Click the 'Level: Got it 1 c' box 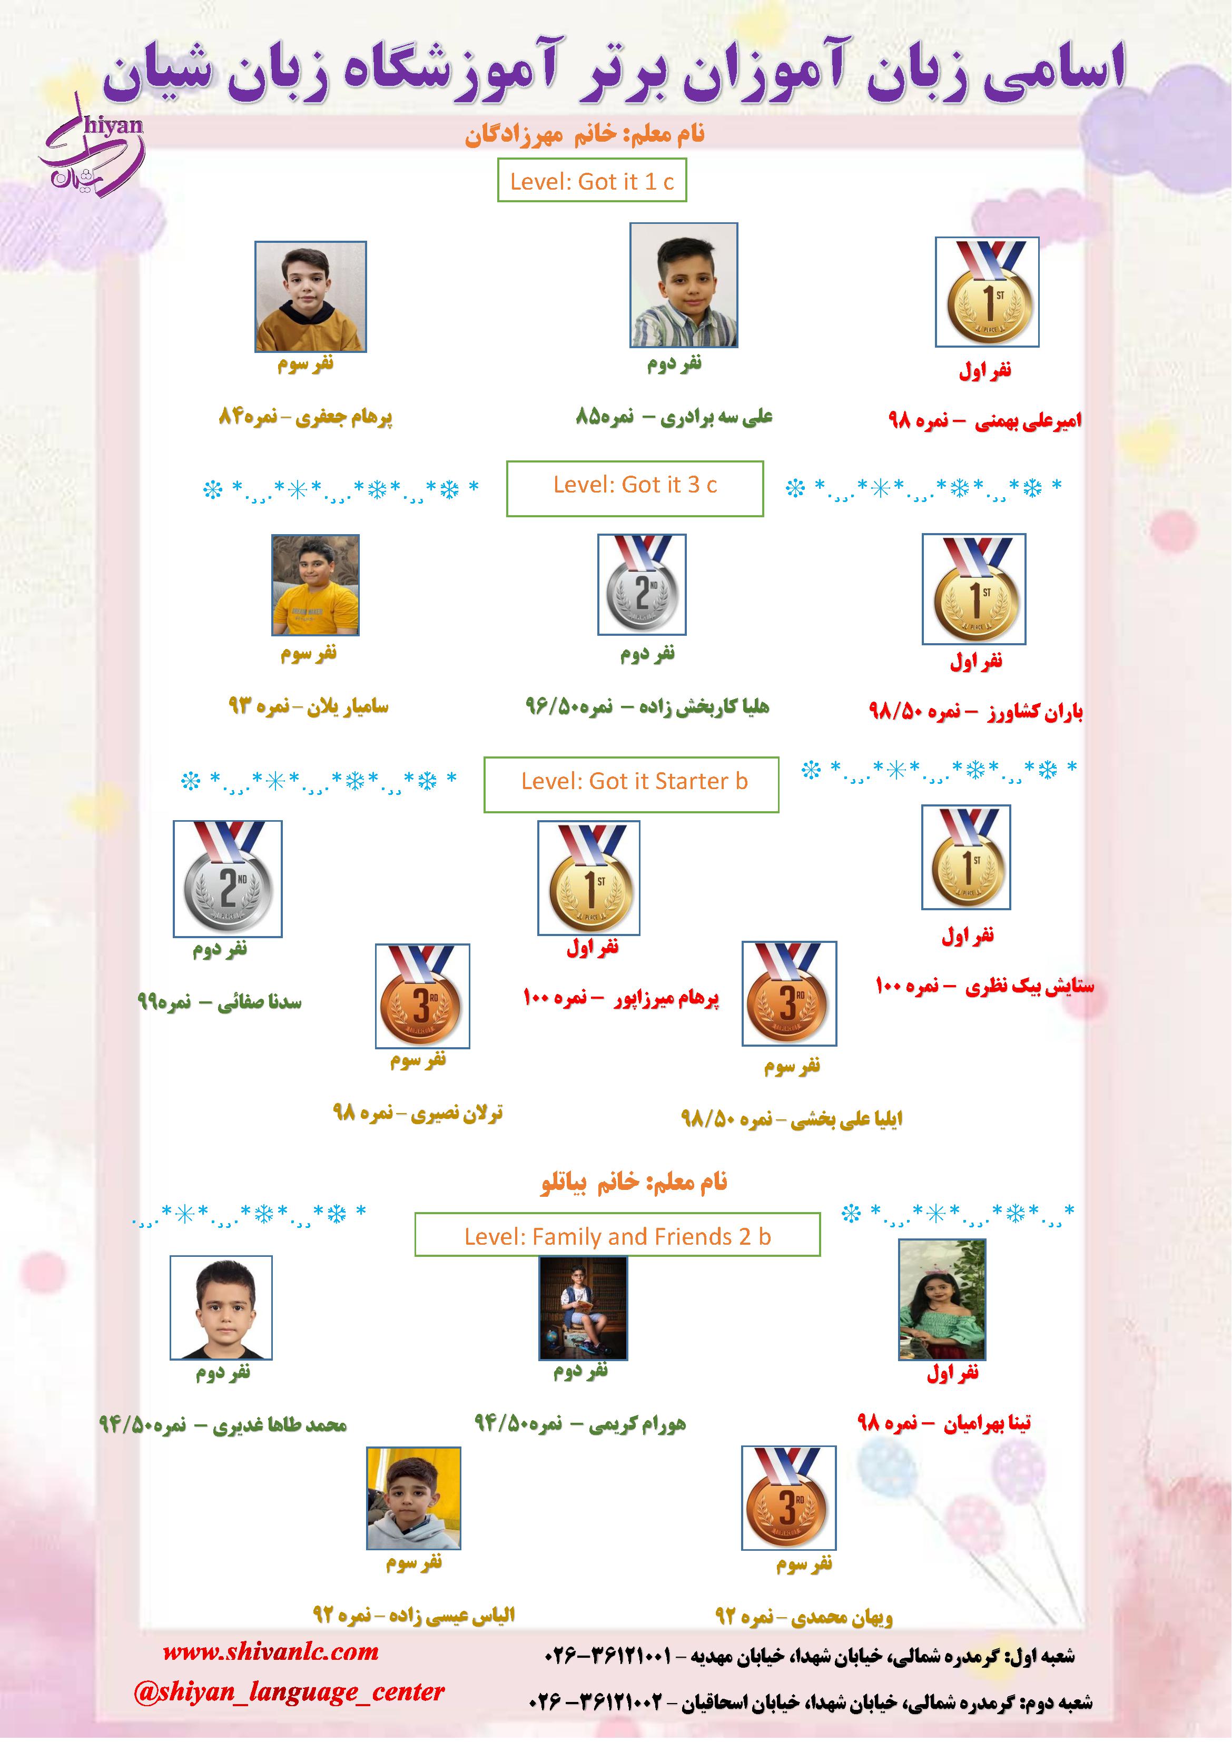[x=592, y=181]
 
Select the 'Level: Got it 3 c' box [x=635, y=489]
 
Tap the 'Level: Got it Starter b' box [x=631, y=784]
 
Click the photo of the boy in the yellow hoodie [x=310, y=297]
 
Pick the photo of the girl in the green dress [x=941, y=1300]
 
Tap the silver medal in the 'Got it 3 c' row [x=642, y=584]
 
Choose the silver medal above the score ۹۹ [x=228, y=879]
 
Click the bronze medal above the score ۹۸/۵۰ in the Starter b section [x=789, y=994]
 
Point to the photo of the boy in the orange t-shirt [x=316, y=585]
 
